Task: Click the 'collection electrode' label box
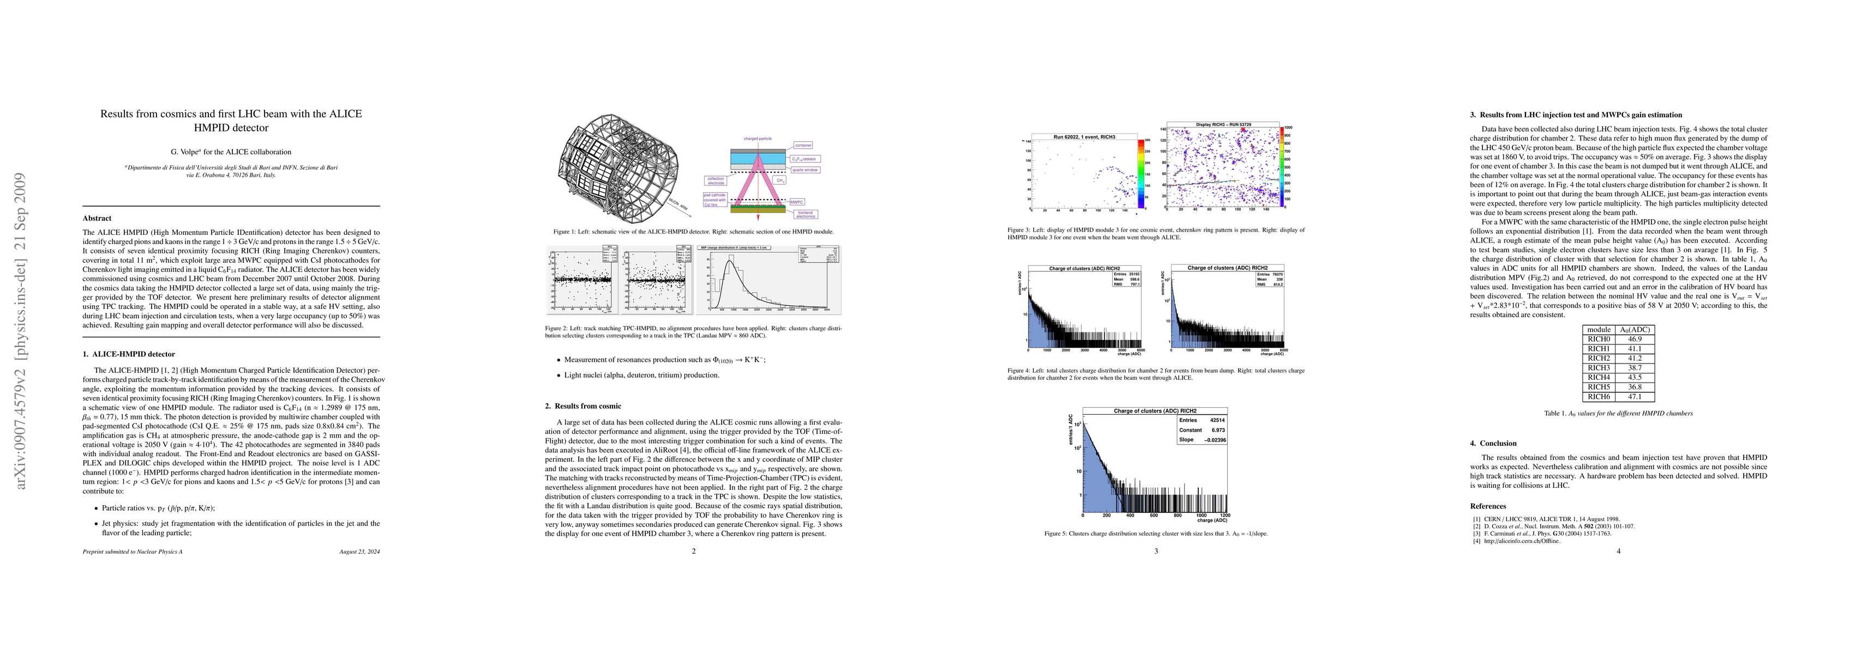tap(716, 181)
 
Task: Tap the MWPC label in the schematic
tap(797, 202)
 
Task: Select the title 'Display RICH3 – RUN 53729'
tap(1222, 125)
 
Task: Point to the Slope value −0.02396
tap(1211, 439)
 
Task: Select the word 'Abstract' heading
tap(97, 218)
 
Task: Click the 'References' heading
tap(1487, 506)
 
